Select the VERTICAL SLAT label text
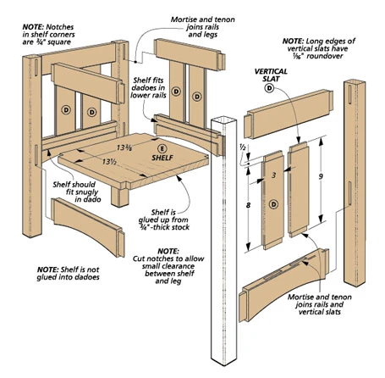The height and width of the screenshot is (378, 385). pos(270,74)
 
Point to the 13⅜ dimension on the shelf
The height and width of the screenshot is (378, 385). pos(124,149)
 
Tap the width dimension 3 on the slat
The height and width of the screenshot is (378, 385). pos(275,176)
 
